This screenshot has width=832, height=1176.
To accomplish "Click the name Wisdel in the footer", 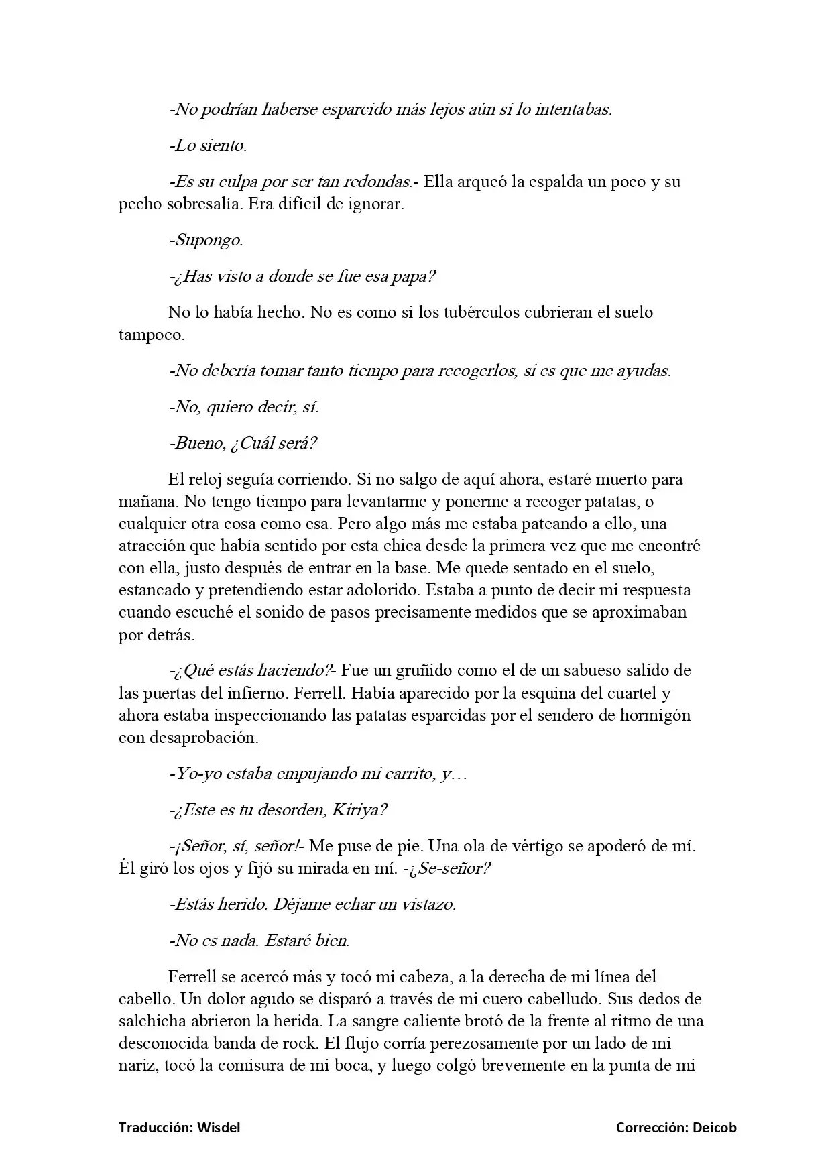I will pyautogui.click(x=219, y=1128).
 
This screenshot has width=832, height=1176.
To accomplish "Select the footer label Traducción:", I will pyautogui.click(x=156, y=1128).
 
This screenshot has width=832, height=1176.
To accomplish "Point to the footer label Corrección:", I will pyautogui.click(x=651, y=1128).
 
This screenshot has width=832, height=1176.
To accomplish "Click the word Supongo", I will pyautogui.click(x=209, y=240).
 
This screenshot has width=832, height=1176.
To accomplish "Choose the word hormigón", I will pyautogui.click(x=654, y=715).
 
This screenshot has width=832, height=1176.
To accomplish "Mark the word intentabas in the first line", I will pyautogui.click(x=573, y=109).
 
